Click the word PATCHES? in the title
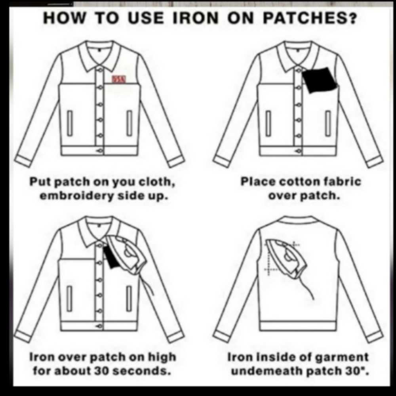point(310,18)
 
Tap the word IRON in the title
point(196,18)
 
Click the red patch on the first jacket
point(119,79)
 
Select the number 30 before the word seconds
point(101,371)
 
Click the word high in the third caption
point(162,357)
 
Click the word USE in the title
point(146,18)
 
